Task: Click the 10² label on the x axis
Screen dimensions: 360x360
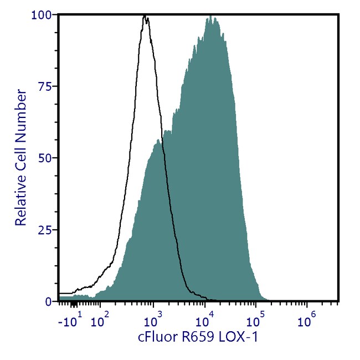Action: pos(100,320)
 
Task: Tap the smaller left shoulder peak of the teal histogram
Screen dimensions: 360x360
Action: pos(158,141)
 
